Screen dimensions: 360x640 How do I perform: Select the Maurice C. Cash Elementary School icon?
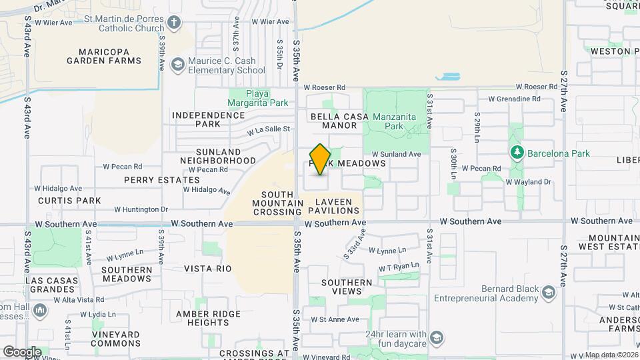177,65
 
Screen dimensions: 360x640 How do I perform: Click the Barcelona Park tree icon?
517,153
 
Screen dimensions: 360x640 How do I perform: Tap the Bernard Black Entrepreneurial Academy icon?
548,293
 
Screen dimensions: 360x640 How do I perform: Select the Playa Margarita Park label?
258,98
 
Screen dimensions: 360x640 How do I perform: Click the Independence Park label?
208,119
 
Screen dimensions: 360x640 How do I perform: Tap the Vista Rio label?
207,269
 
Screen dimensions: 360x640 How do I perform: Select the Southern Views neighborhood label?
347,287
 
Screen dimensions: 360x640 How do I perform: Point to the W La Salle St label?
269,130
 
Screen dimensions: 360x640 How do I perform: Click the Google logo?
22,351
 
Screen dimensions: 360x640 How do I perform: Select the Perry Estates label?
161,180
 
